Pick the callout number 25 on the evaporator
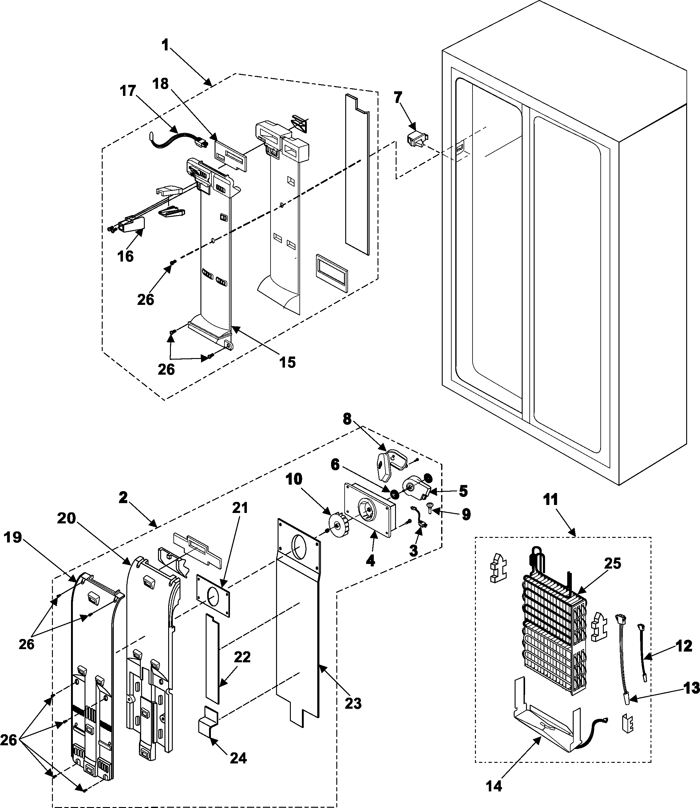[612, 564]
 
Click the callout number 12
[684, 646]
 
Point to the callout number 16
[125, 256]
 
